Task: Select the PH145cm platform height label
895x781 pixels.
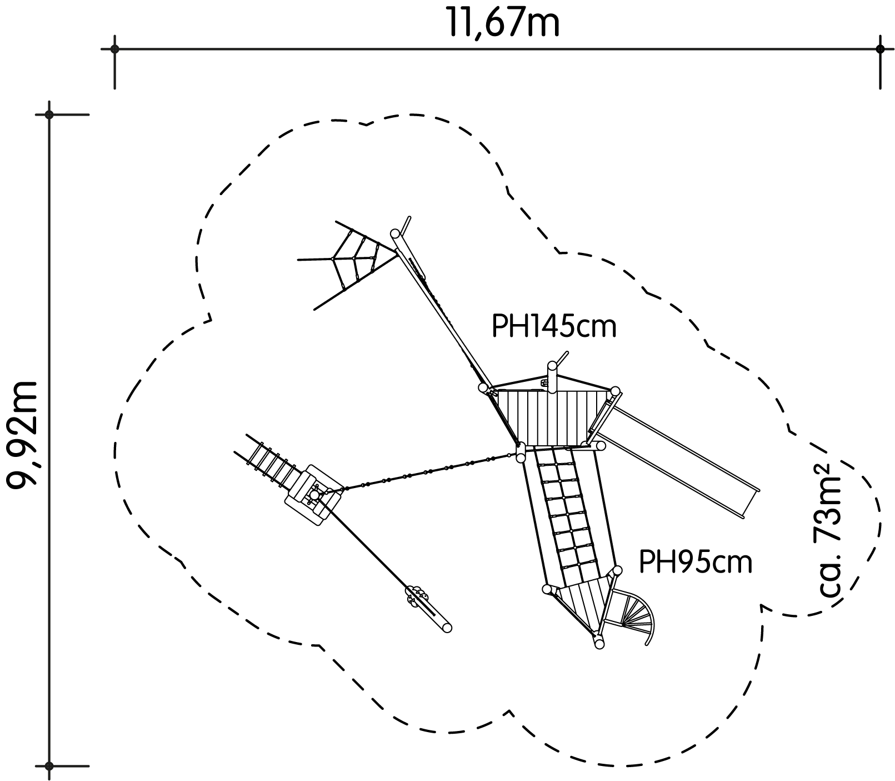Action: (x=554, y=327)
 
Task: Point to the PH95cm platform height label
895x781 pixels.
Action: (x=696, y=562)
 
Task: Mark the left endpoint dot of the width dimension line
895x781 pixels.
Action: (x=114, y=49)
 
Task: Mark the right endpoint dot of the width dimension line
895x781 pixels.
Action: (x=880, y=49)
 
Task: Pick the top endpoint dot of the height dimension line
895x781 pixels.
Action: (x=49, y=115)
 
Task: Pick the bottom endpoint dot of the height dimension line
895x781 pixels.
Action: (x=49, y=766)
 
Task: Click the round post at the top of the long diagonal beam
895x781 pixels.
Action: (x=396, y=233)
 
